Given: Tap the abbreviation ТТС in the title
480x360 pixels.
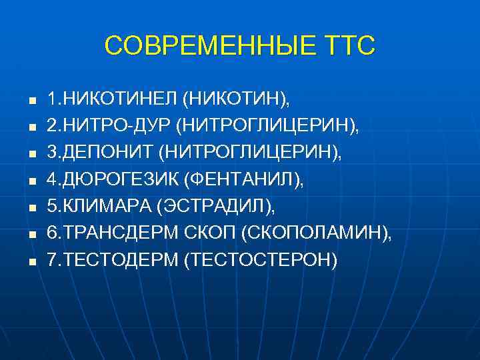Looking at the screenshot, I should pyautogui.click(x=351, y=46).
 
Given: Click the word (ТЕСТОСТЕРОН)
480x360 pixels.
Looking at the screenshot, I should pyautogui.click(x=261, y=259).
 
